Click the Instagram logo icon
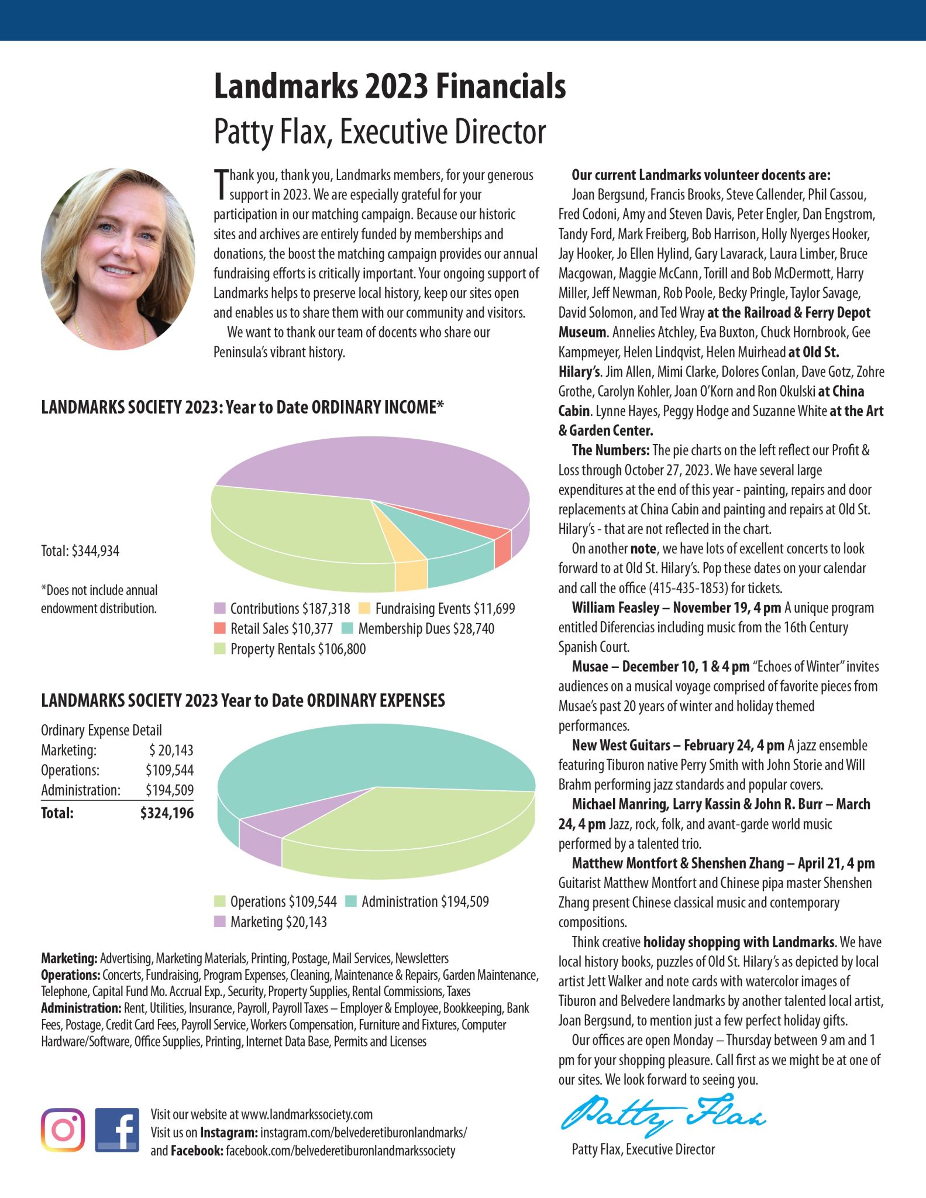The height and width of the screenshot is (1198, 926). pos(63,1130)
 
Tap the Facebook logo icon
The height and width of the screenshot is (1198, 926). pos(117,1130)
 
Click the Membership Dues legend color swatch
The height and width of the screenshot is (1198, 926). pos(347,629)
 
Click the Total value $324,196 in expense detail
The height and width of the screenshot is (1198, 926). pos(167,813)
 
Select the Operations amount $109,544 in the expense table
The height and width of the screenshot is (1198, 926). pos(170,770)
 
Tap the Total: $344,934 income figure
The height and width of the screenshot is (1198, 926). pos(80,551)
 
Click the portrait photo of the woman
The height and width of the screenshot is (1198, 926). pos(118,259)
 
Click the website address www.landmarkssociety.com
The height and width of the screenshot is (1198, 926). pos(307,1114)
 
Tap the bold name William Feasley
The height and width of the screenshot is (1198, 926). pos(615,608)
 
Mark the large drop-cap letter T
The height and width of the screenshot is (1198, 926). pos(221,184)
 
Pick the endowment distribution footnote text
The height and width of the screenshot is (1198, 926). pos(99,599)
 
